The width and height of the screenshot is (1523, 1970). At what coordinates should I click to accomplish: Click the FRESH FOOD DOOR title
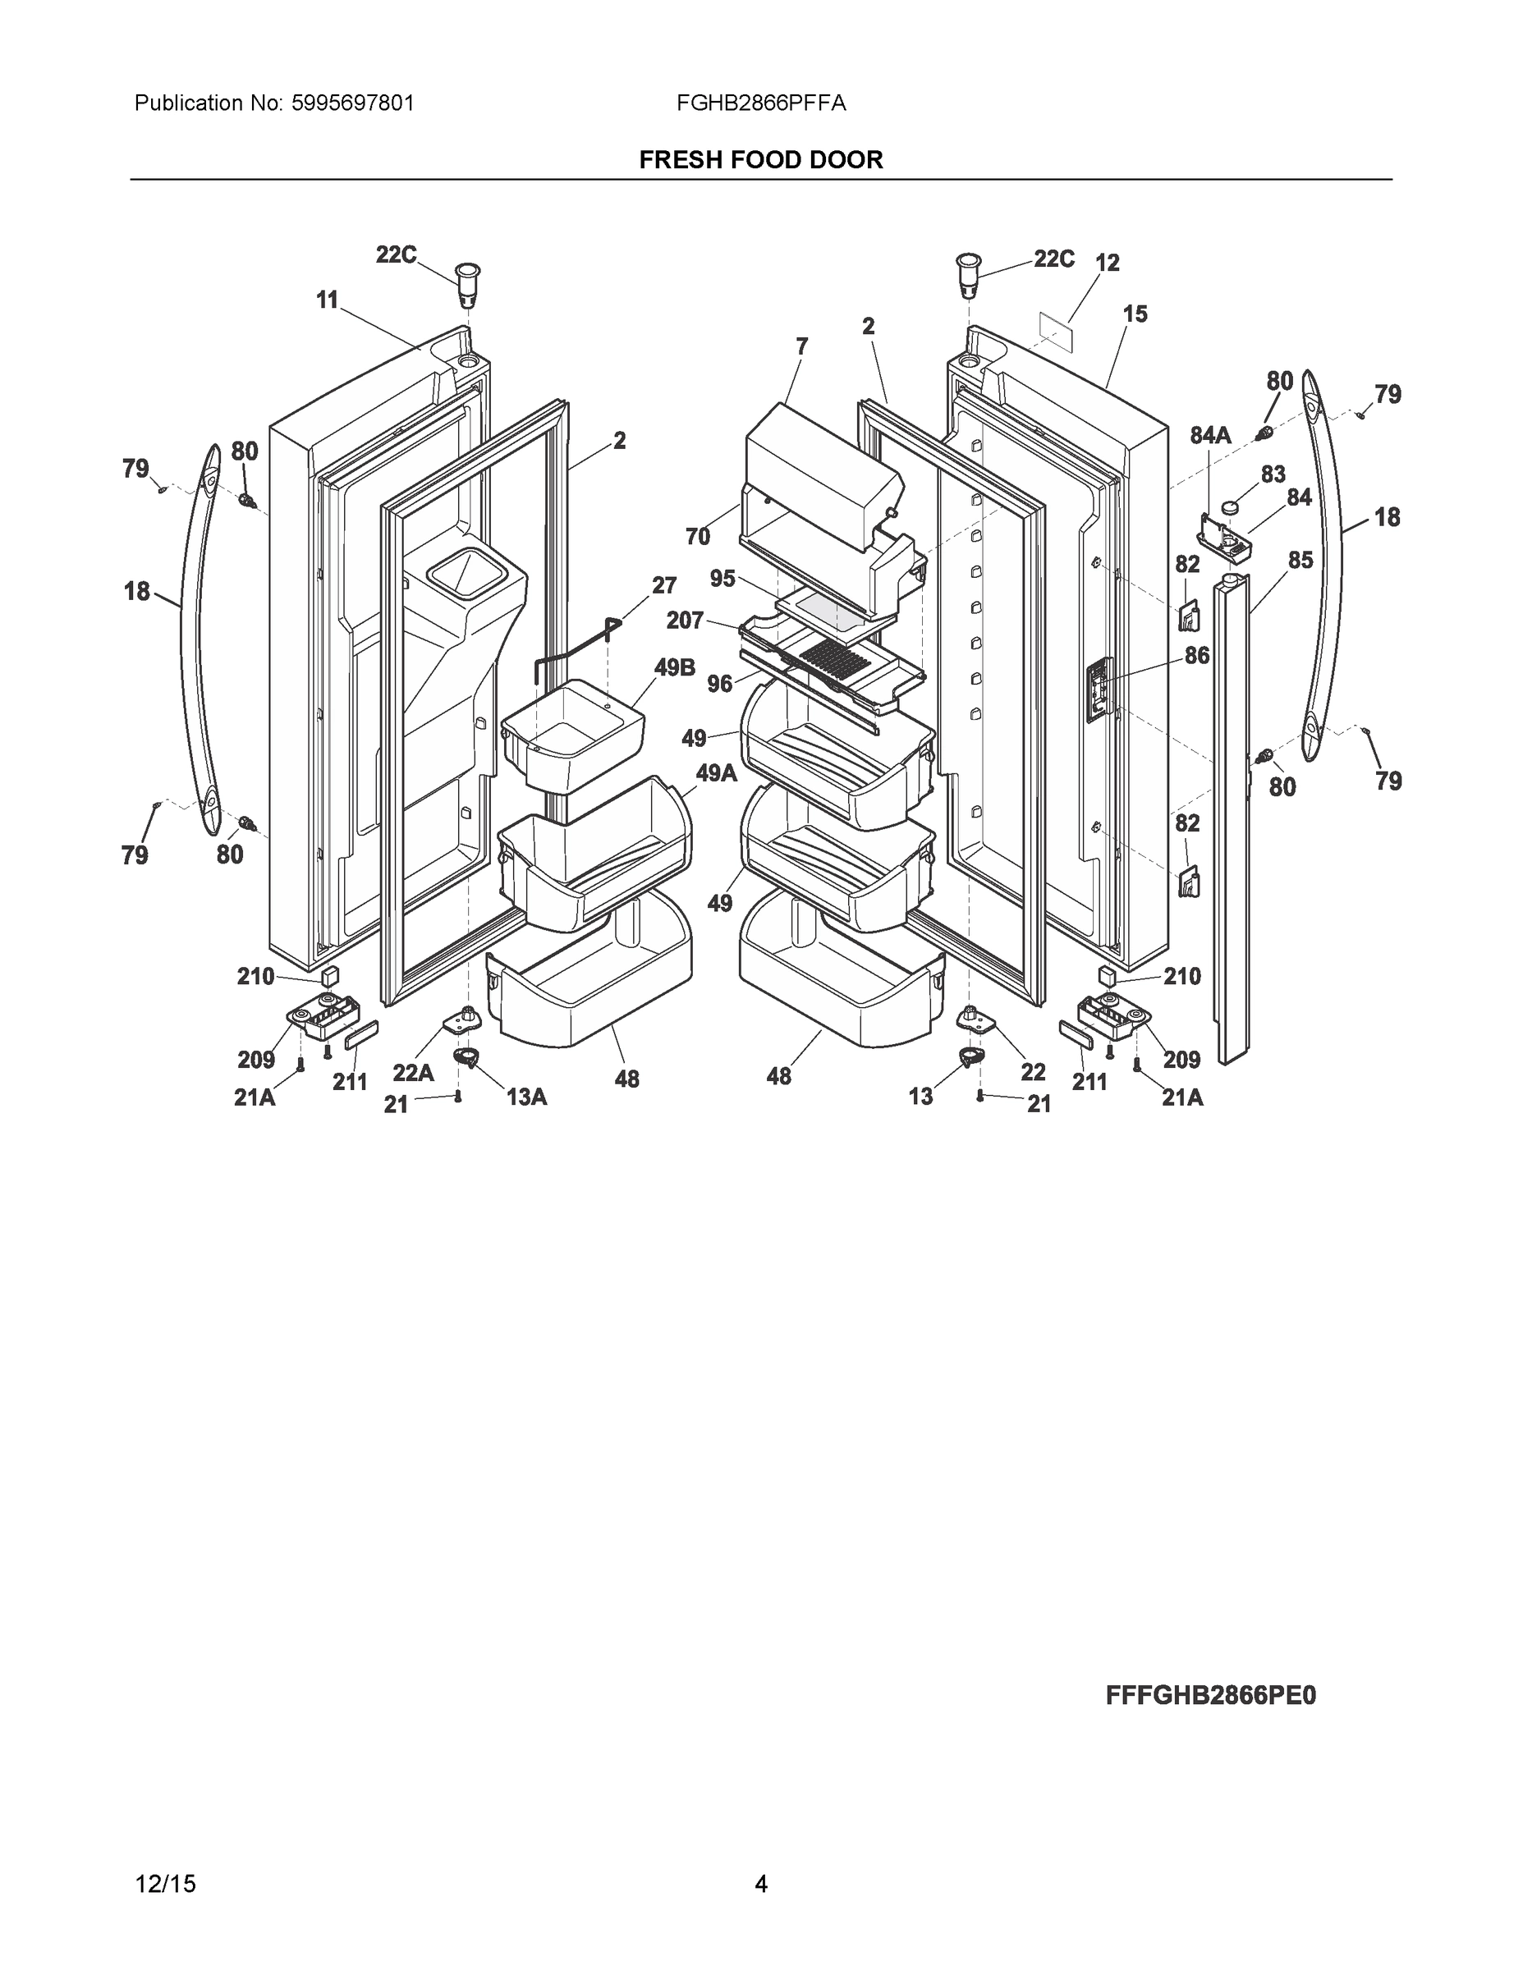tap(760, 160)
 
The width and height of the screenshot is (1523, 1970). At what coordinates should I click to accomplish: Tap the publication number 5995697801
tap(353, 103)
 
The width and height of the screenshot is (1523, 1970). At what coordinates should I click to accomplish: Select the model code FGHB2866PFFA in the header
tap(760, 103)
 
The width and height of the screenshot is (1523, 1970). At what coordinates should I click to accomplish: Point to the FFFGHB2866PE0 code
tap(1210, 1695)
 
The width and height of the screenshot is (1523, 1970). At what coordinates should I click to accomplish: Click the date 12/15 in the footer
tap(164, 1884)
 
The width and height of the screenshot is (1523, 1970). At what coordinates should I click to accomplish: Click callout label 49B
tap(674, 667)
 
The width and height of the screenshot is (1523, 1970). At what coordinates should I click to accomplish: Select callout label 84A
tap(1210, 436)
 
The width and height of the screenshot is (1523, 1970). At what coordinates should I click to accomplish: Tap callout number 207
tap(685, 621)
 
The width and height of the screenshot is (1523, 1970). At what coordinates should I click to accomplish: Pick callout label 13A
tap(526, 1097)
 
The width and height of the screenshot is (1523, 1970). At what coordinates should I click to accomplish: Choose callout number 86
tap(1196, 656)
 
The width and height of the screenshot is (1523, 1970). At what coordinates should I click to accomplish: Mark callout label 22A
tap(413, 1073)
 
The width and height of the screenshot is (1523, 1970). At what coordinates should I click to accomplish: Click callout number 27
tap(664, 585)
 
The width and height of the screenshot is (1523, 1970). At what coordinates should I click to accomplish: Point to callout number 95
tap(723, 578)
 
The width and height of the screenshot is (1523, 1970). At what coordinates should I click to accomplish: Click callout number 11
tap(327, 300)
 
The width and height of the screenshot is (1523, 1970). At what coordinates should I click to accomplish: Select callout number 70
tap(697, 537)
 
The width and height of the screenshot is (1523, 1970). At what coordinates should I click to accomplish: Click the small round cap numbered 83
tap(1230, 508)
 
